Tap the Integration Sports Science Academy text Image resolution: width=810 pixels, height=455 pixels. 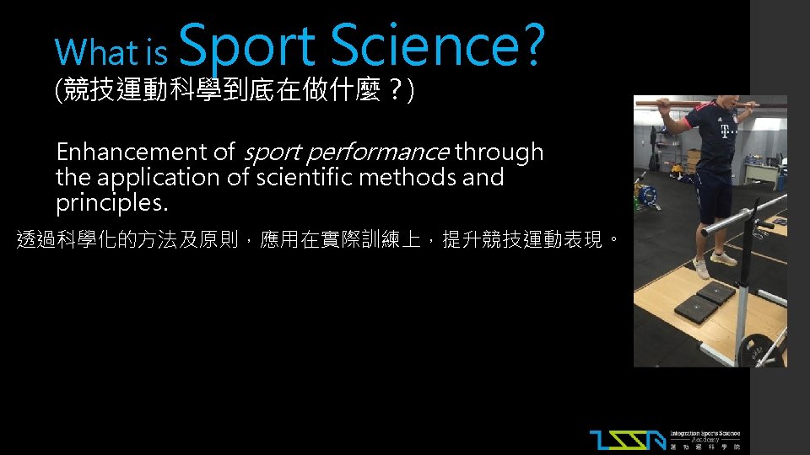point(705,439)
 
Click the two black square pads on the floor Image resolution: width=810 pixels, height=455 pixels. point(705,302)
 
